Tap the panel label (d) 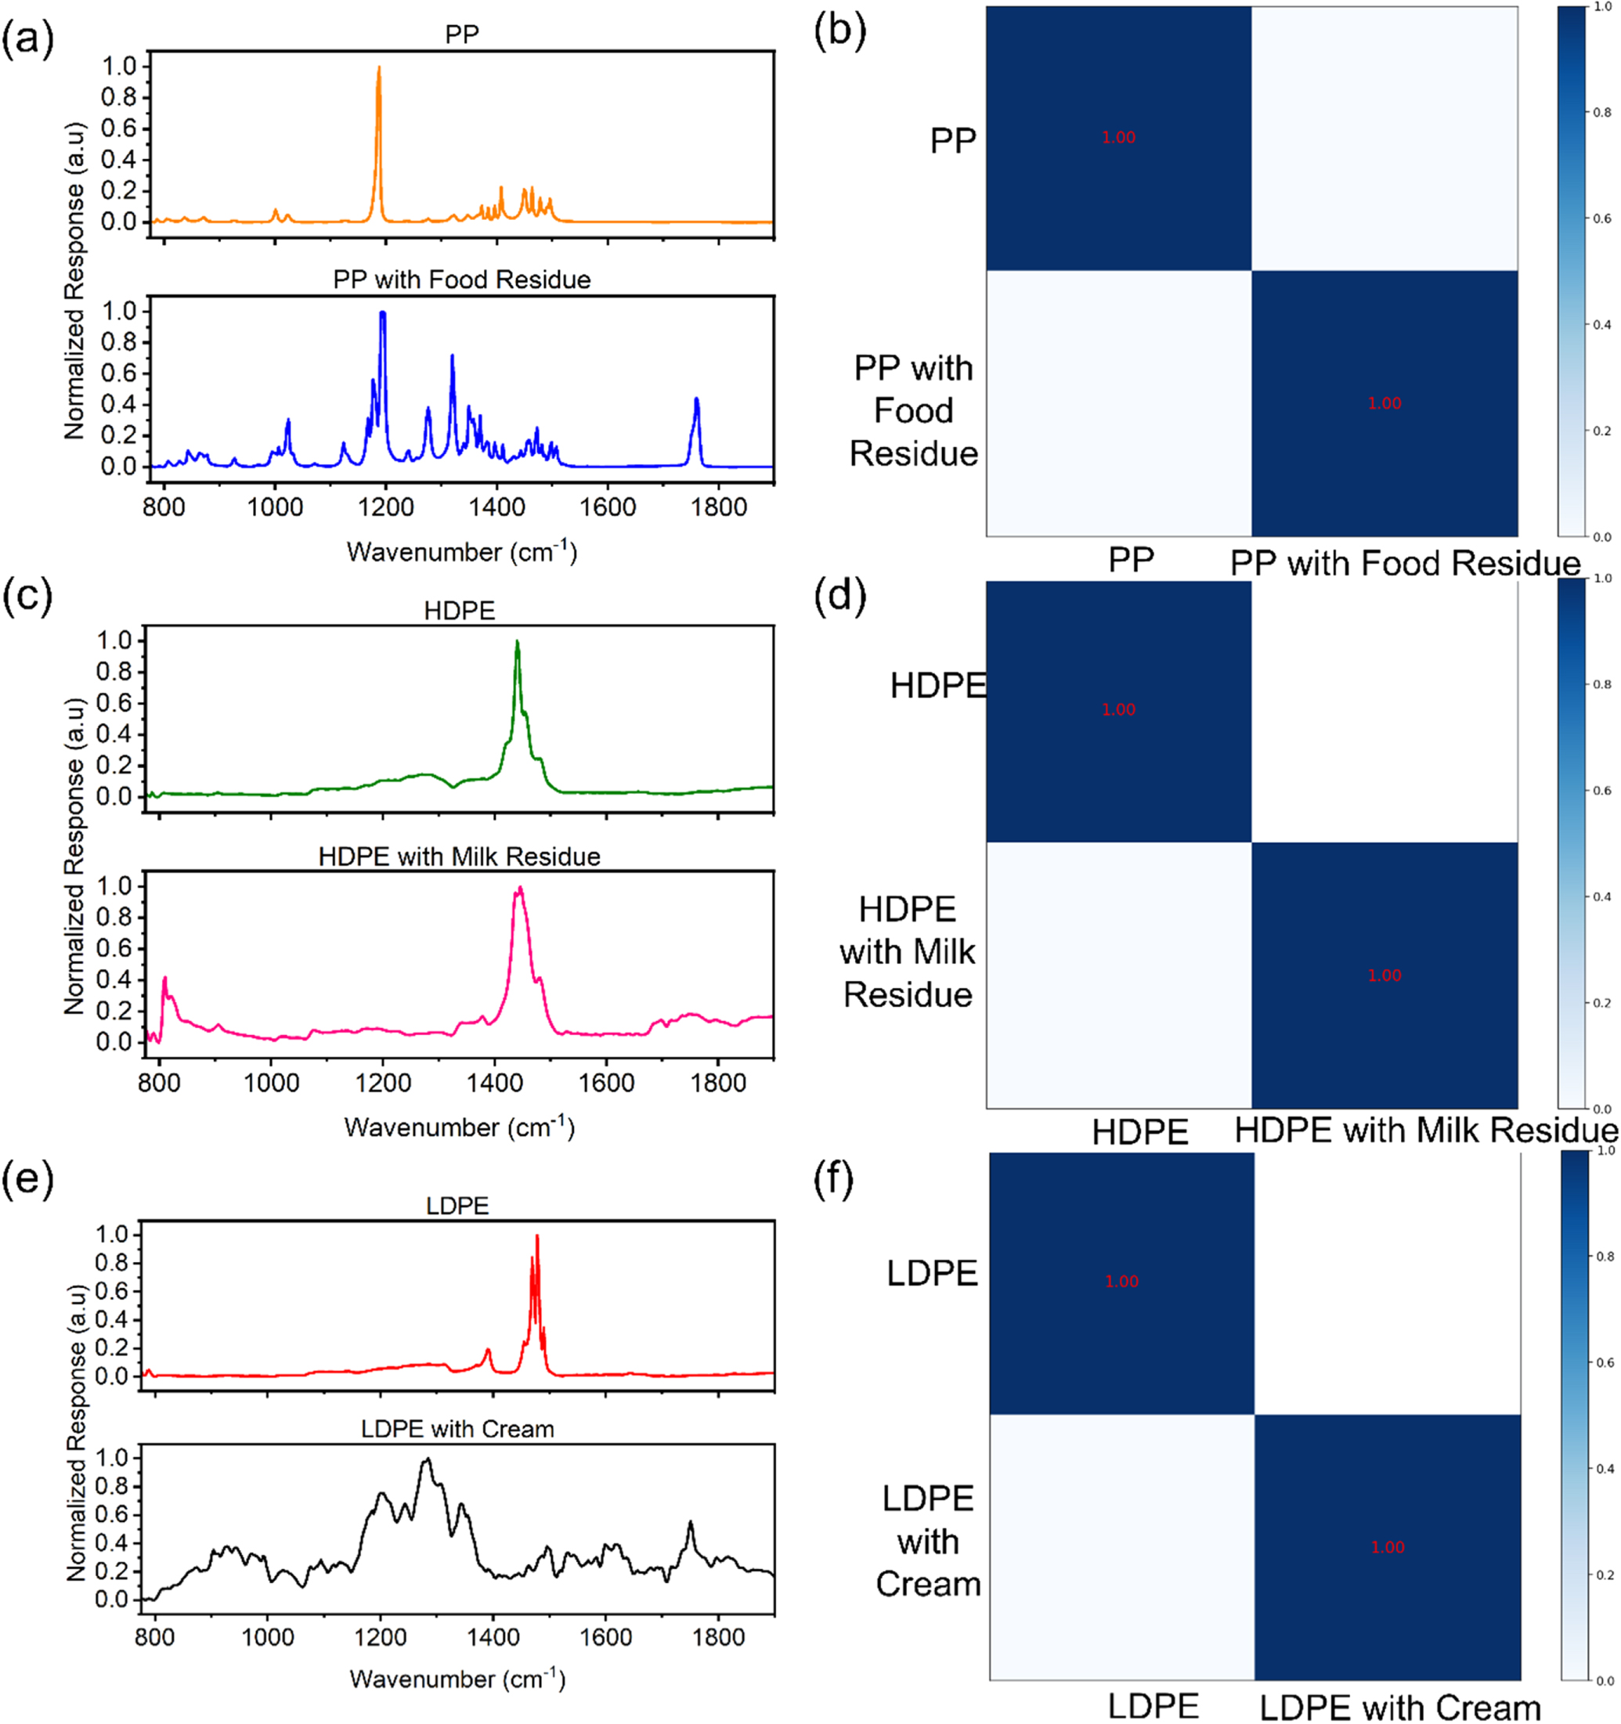tap(839, 597)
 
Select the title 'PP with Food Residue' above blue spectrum tap(461, 280)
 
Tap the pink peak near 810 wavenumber tap(164, 980)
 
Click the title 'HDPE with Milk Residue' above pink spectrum tap(459, 857)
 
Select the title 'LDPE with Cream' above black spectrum tap(457, 1429)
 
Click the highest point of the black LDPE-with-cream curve tap(426, 1460)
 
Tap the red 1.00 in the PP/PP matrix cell tap(1118, 138)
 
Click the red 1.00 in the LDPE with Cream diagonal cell tap(1387, 1547)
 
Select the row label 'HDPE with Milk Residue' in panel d tap(907, 951)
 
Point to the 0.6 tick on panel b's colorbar tap(1601, 218)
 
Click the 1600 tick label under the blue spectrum tap(607, 507)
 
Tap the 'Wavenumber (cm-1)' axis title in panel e tap(457, 1679)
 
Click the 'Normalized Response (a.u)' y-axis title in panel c tap(75, 856)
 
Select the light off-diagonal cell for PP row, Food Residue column tap(1385, 139)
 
